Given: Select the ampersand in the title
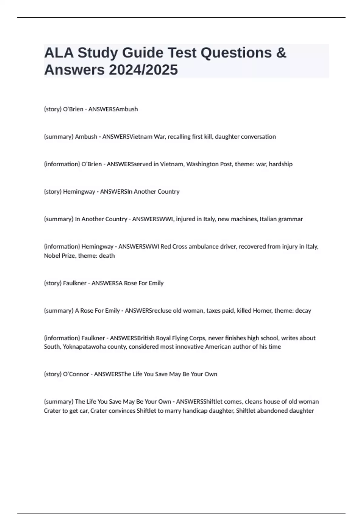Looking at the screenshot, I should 281,53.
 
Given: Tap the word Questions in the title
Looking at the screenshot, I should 236,53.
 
